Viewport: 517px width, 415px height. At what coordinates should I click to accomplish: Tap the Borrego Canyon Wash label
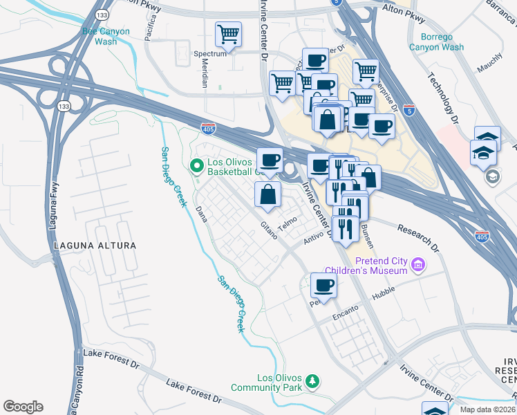point(436,42)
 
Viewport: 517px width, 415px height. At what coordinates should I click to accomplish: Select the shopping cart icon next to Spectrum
point(227,34)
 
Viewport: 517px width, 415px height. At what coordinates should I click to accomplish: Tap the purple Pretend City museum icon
point(417,265)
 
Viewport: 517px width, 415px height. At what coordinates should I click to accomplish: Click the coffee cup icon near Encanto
point(323,284)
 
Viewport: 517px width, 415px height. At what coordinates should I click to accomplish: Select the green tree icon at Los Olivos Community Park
point(312,382)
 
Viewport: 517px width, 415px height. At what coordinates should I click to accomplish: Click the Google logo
point(23,407)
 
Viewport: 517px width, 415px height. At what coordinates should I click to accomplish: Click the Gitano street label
point(268,230)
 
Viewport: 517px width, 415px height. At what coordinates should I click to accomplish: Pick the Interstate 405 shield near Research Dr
point(483,237)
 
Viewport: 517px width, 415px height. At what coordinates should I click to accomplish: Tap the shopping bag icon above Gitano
point(267,195)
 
